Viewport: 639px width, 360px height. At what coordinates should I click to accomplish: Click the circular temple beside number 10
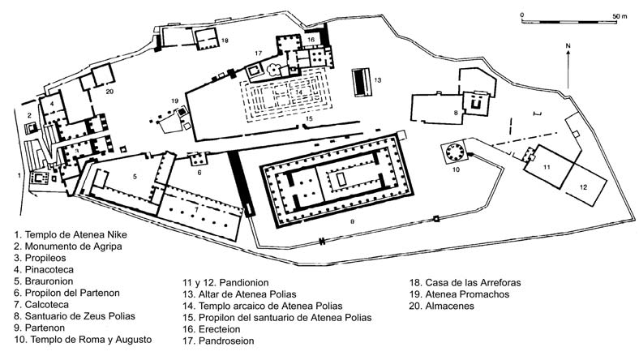coord(452,152)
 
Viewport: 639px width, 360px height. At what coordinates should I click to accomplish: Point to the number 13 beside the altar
coord(378,79)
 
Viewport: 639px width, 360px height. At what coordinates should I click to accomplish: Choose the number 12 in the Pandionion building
coord(582,186)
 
